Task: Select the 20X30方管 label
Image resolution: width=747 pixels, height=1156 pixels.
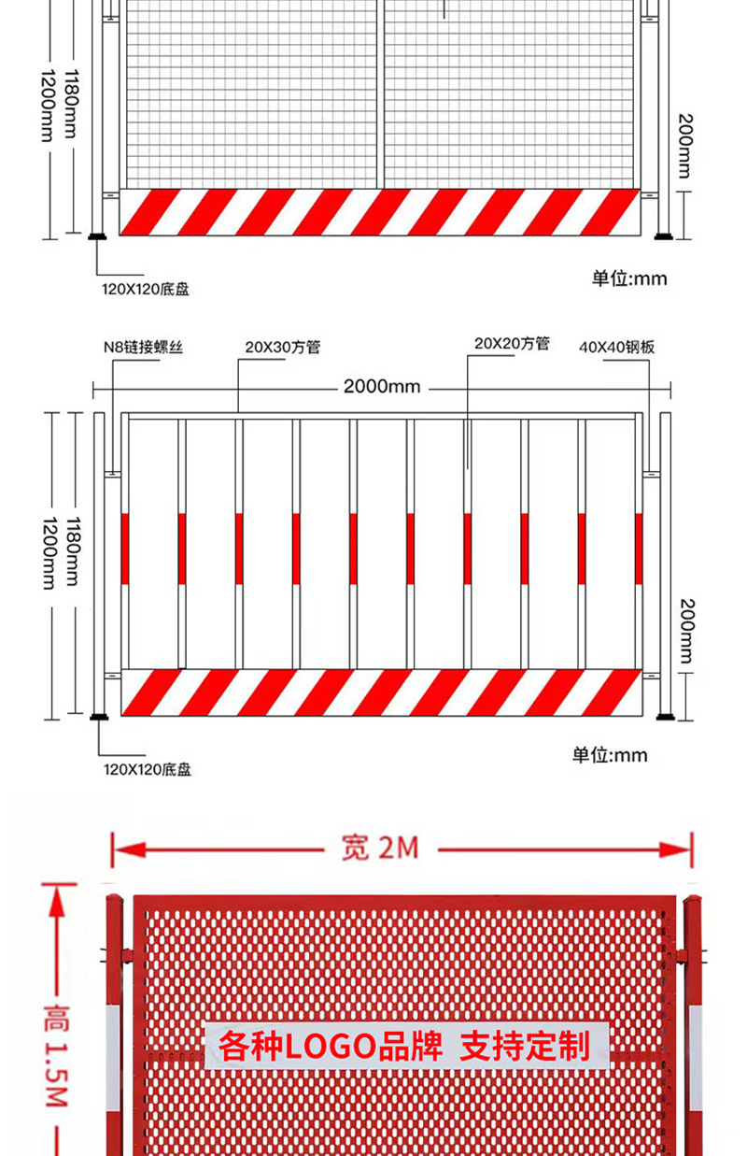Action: tap(282, 347)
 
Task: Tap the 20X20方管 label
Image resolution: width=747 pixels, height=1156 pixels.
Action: tap(512, 344)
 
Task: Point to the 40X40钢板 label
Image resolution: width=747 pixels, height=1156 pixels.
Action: tap(616, 347)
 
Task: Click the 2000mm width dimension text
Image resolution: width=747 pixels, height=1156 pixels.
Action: tap(382, 386)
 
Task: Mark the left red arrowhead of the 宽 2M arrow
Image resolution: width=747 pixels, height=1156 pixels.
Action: tap(125, 849)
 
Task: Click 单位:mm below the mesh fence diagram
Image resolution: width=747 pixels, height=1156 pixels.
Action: tap(629, 278)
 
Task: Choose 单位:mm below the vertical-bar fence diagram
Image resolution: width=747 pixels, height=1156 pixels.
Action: tap(610, 754)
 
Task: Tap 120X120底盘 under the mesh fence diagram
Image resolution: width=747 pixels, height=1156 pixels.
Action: tap(146, 290)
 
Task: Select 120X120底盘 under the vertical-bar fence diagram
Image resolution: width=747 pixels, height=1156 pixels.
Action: tap(147, 770)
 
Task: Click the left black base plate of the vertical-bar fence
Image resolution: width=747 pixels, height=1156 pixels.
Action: tap(98, 718)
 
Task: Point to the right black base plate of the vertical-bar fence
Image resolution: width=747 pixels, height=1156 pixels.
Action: tap(665, 718)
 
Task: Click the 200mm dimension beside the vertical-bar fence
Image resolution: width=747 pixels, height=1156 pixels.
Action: tap(685, 631)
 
